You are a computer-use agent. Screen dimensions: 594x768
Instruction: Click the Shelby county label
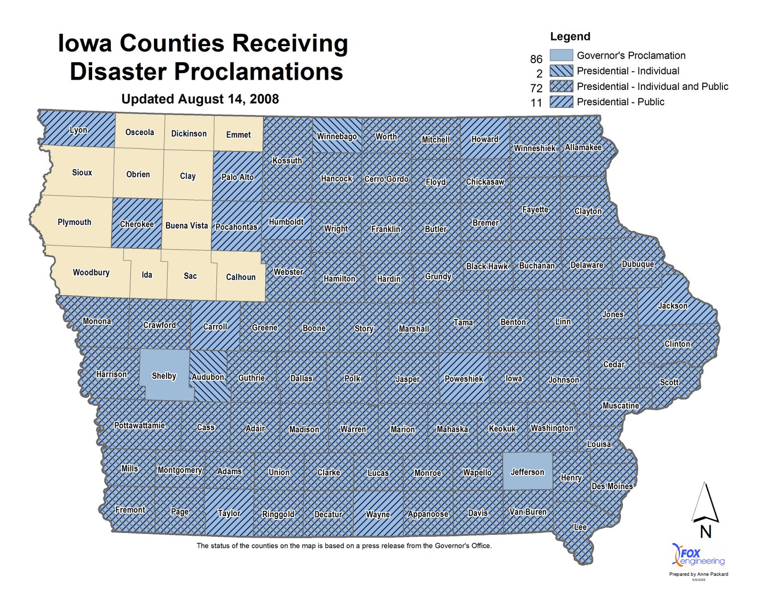[x=164, y=376]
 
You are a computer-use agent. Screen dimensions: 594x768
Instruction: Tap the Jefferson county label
[x=527, y=472]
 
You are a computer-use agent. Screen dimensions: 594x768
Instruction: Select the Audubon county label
[x=208, y=377]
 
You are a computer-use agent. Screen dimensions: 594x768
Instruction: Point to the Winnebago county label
[x=336, y=136]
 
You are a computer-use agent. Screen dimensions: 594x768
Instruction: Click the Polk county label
[x=352, y=379]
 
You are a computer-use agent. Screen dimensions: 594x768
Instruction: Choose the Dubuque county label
[x=637, y=264]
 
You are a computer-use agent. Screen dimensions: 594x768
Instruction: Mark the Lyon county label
[x=78, y=130]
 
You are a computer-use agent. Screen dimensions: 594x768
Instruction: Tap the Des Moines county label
[x=612, y=486]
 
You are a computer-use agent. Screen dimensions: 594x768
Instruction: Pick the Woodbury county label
[x=91, y=272]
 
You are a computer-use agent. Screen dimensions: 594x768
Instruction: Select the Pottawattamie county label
[x=140, y=425]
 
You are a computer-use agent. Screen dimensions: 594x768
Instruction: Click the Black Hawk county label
[x=487, y=266]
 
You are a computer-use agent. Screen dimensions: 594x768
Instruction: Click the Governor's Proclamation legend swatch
[x=561, y=55]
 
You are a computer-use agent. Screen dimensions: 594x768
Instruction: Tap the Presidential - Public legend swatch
[x=561, y=101]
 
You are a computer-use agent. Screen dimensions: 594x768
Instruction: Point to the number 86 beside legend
[x=536, y=59]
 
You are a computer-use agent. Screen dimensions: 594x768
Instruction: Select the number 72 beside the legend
[x=536, y=88]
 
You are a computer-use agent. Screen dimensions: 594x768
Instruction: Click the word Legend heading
[x=570, y=37]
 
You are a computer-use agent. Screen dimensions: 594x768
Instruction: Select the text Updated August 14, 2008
[x=200, y=99]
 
